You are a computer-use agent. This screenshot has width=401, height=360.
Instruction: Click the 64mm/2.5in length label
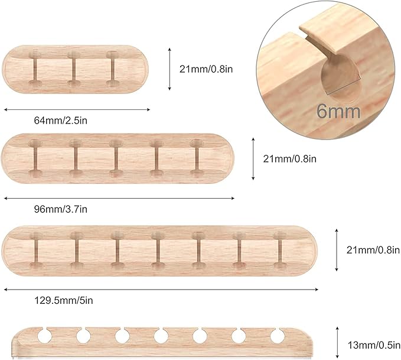click(61, 121)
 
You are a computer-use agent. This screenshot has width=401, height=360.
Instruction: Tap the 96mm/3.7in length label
click(61, 209)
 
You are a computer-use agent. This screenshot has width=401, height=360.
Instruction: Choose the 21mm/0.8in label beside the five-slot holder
click(289, 158)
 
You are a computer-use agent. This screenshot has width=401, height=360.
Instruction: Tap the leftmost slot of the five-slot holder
click(35, 158)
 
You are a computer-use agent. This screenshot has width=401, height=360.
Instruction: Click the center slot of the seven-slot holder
click(158, 251)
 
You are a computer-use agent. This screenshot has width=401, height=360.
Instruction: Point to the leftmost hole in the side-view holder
click(43, 336)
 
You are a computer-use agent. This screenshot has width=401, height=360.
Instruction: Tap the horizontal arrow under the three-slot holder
click(77, 109)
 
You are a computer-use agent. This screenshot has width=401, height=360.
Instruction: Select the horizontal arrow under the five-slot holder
click(119, 198)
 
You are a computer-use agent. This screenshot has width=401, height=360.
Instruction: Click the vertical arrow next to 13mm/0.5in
click(337, 341)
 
